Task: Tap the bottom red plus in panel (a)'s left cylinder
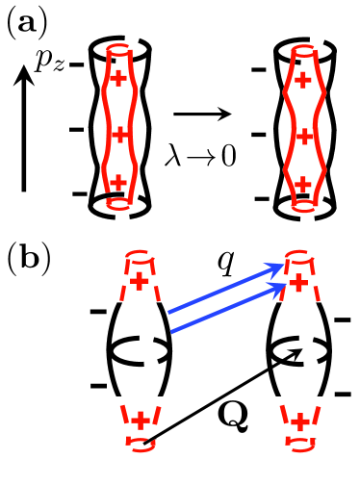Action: (x=117, y=180)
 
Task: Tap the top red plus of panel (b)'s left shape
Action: (x=141, y=280)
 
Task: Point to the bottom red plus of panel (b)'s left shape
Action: (x=141, y=421)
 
